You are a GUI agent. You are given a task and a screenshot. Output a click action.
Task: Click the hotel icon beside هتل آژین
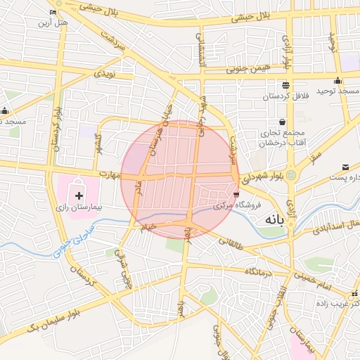tap(53, 12)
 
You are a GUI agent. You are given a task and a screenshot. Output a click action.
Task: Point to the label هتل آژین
tap(53, 23)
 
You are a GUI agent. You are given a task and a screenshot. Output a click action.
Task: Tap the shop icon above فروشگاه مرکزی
tap(236, 193)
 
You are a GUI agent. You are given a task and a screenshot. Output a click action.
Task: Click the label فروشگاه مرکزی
tap(238, 205)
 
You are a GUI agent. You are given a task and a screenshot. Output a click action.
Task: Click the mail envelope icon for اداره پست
tap(345, 167)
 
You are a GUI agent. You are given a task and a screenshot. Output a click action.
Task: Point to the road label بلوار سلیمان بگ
tap(53, 321)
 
